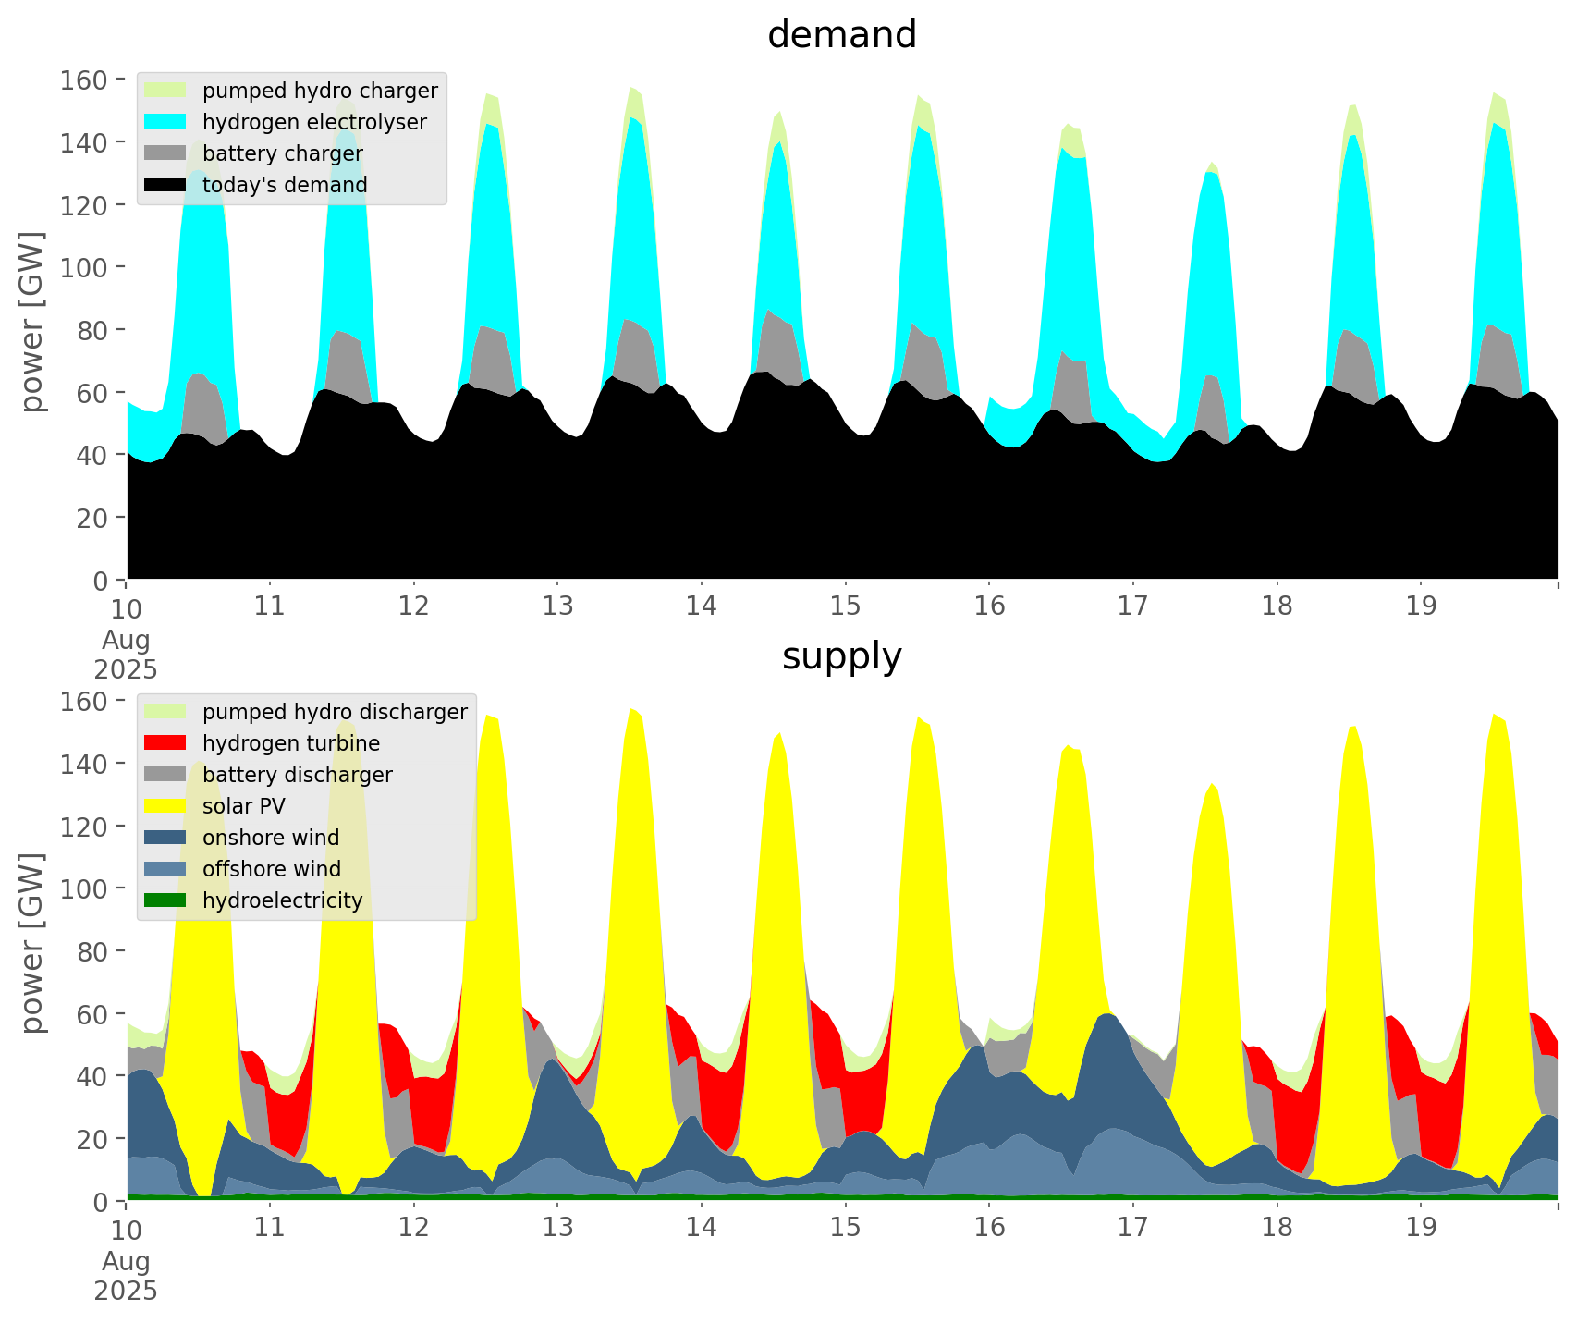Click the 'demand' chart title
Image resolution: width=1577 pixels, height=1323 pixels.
pyautogui.click(x=841, y=35)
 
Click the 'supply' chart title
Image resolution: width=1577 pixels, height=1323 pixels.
pyautogui.click(x=841, y=656)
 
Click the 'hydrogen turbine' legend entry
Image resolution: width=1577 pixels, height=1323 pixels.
pyautogui.click(x=290, y=743)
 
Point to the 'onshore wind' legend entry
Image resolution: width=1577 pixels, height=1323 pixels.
pyautogui.click(x=270, y=838)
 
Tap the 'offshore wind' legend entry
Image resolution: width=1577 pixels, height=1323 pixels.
pyautogui.click(x=271, y=869)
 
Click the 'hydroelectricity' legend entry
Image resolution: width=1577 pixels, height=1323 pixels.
pyautogui.click(x=282, y=900)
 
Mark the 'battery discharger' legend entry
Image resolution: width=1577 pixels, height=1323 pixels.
pyautogui.click(x=297, y=775)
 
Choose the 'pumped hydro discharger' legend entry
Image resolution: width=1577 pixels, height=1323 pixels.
pyautogui.click(x=335, y=712)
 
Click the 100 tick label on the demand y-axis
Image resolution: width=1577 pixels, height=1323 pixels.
pyautogui.click(x=85, y=267)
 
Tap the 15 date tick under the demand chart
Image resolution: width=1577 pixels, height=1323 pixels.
pyautogui.click(x=845, y=607)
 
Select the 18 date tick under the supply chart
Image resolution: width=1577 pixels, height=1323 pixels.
pyautogui.click(x=1277, y=1229)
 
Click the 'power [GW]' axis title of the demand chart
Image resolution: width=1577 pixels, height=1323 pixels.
pyautogui.click(x=33, y=322)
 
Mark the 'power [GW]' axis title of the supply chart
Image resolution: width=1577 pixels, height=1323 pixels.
pyautogui.click(x=33, y=943)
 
